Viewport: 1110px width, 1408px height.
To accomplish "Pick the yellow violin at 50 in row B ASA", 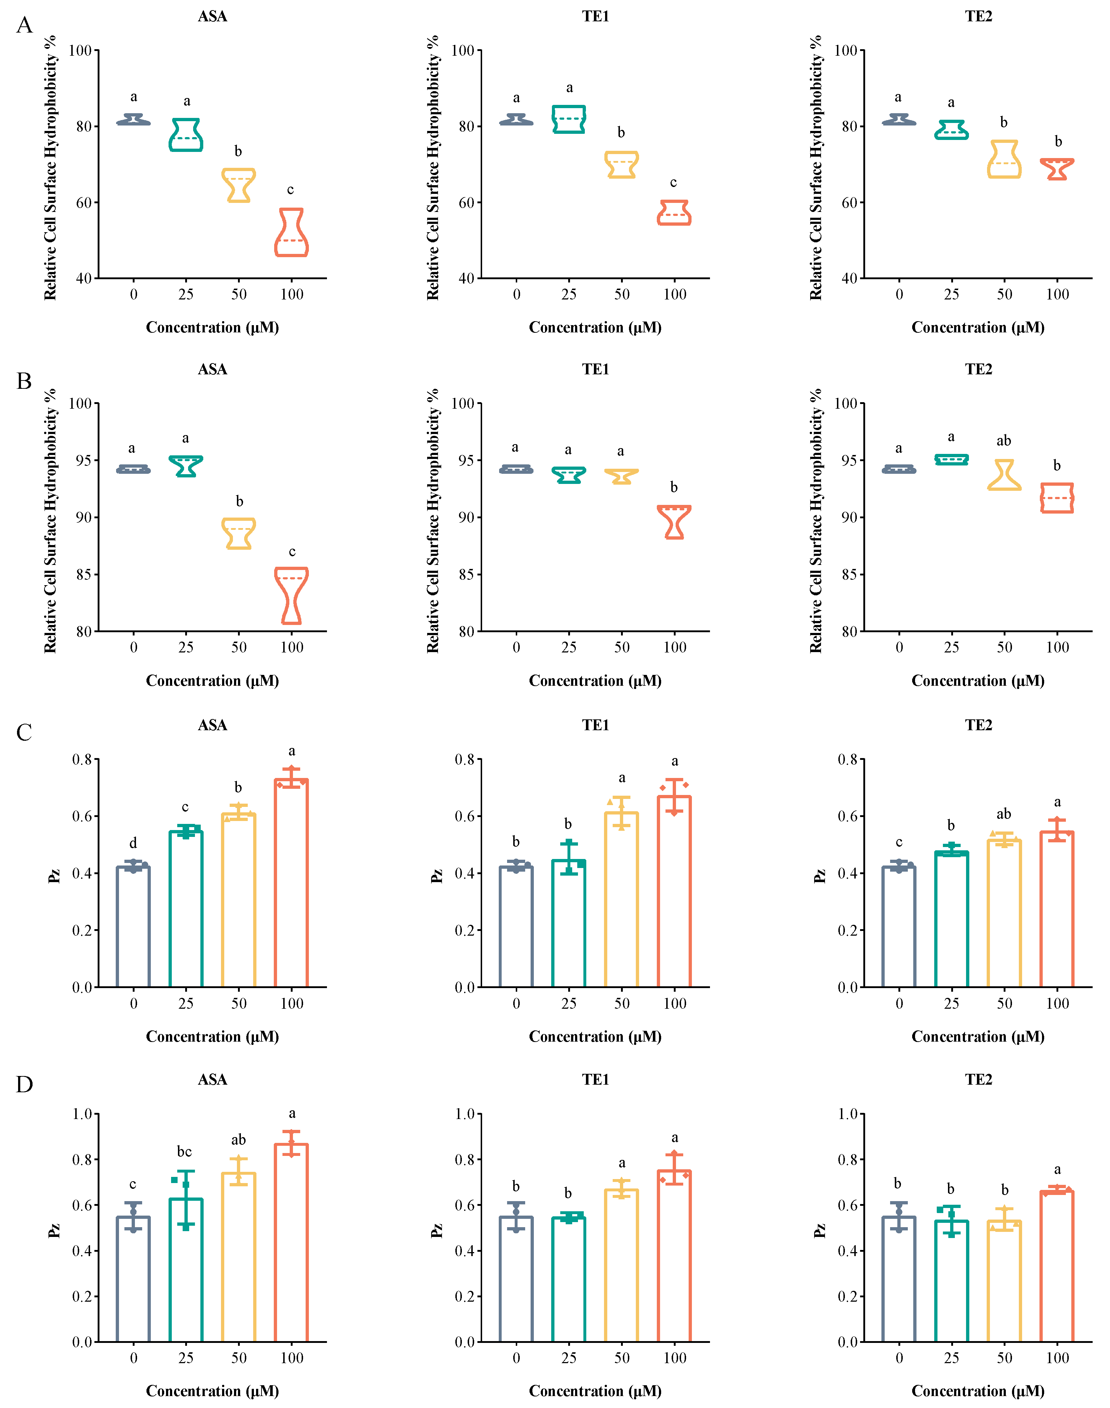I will (239, 533).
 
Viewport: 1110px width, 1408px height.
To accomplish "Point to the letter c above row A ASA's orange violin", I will (290, 190).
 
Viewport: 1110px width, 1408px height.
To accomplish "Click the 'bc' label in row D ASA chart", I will (184, 1151).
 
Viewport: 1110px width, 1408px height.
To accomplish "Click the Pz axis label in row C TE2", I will (820, 876).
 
